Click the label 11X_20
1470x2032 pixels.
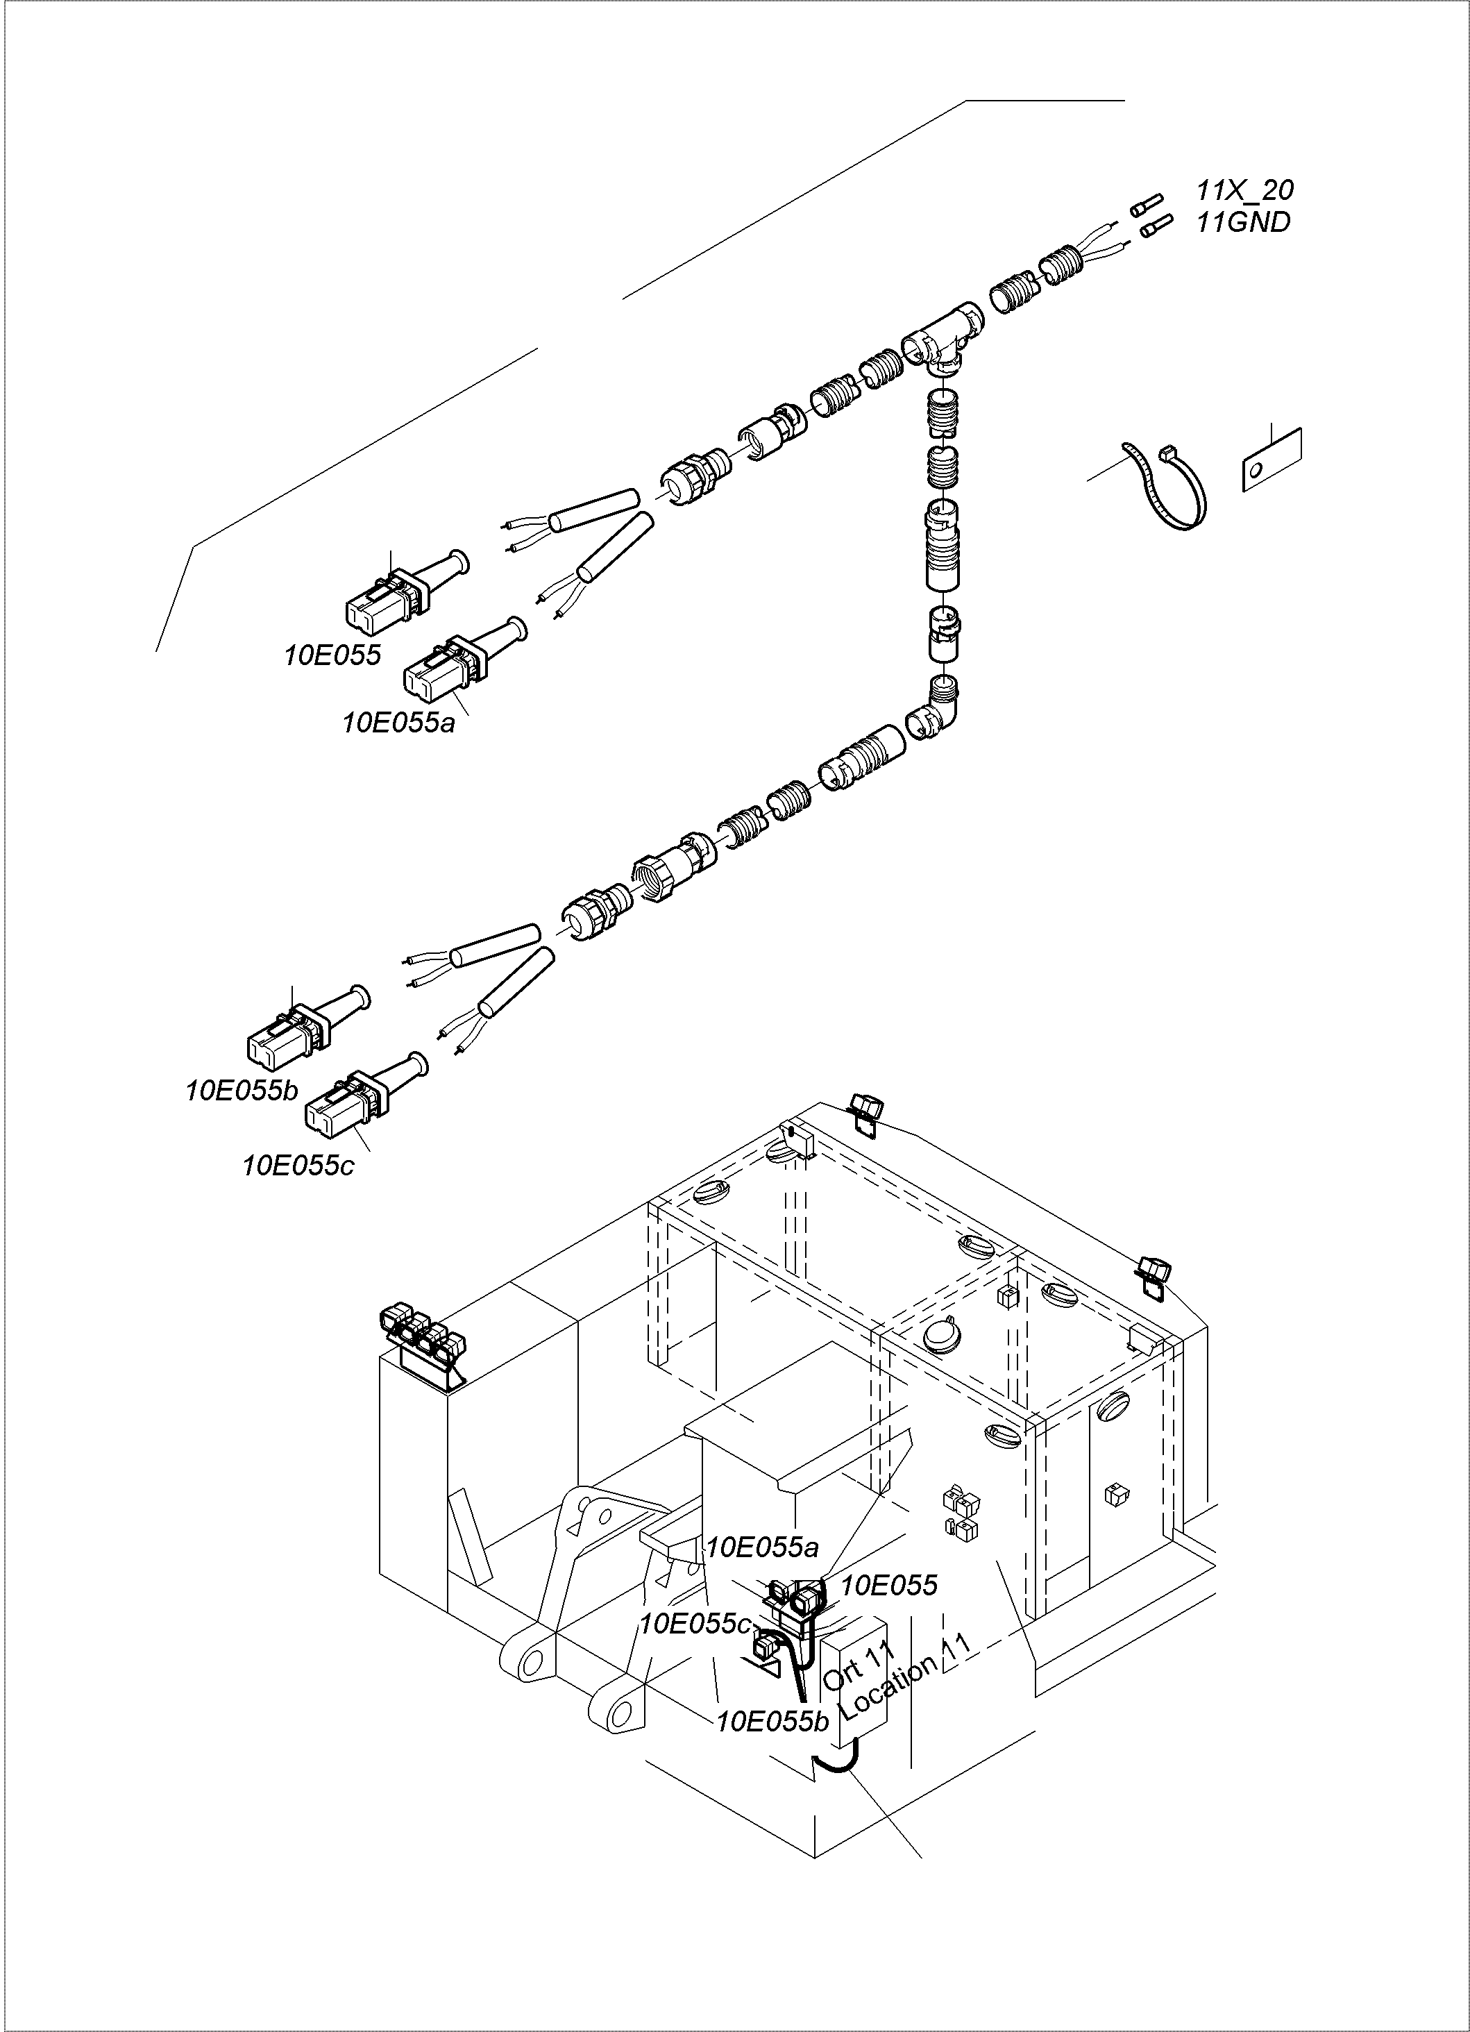(x=1244, y=191)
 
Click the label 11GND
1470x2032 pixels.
(x=1243, y=222)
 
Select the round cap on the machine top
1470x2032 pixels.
(x=940, y=1334)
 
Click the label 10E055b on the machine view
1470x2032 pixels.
(x=772, y=1720)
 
